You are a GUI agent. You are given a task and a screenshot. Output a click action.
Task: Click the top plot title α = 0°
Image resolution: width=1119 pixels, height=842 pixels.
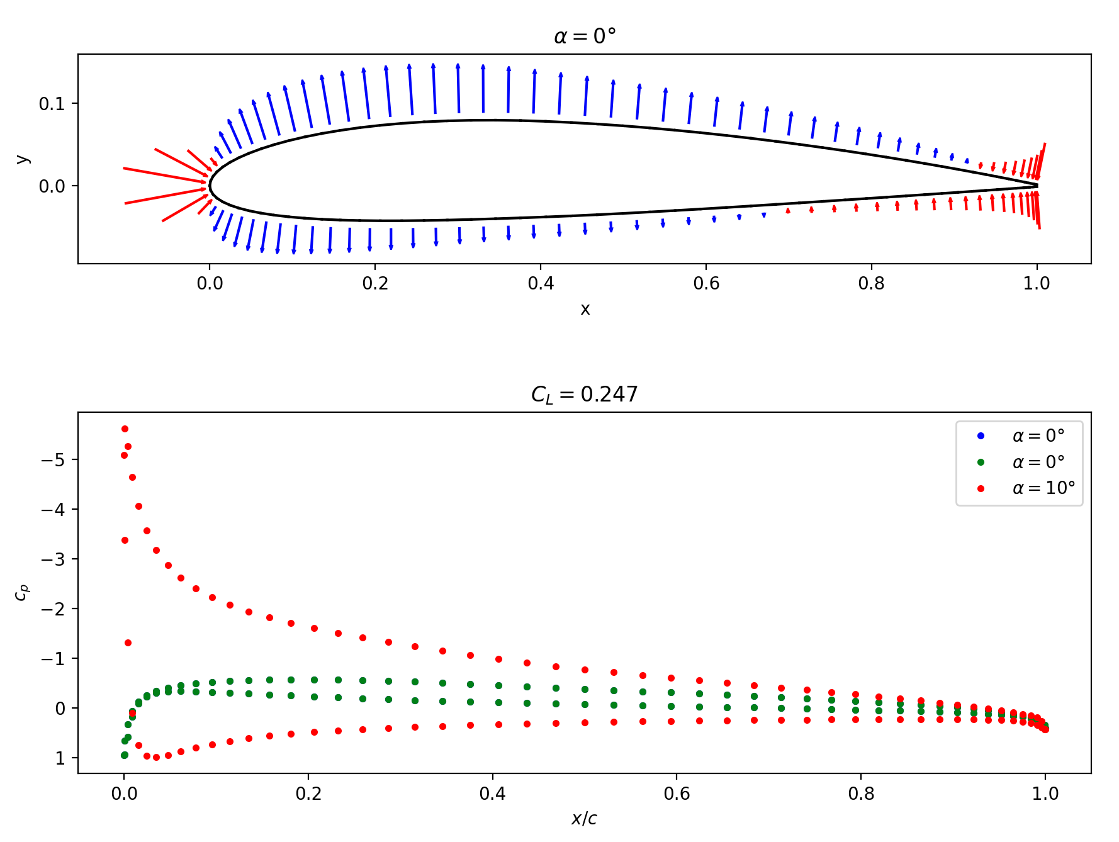click(584, 36)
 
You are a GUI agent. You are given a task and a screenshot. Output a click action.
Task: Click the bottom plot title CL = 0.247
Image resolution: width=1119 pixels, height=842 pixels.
click(584, 395)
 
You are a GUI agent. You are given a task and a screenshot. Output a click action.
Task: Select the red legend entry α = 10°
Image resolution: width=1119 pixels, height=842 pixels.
click(1043, 488)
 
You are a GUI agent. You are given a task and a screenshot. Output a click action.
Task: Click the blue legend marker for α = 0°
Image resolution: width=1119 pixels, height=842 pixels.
click(981, 436)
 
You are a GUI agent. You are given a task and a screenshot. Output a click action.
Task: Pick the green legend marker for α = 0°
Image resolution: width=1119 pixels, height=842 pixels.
click(981, 463)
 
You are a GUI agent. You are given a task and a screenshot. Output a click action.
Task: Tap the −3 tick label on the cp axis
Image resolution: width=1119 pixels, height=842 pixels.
click(53, 559)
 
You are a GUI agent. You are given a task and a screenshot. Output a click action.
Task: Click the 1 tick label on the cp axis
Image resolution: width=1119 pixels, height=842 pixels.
click(60, 758)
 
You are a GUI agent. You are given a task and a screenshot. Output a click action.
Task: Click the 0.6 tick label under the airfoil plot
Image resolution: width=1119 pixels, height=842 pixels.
click(706, 284)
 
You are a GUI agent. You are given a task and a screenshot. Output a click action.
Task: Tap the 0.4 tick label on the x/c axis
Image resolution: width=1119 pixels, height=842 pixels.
click(492, 794)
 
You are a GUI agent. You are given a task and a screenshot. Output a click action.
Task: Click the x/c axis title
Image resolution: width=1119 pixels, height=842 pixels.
click(584, 819)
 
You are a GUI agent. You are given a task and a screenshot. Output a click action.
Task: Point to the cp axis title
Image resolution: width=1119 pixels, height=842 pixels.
click(22, 592)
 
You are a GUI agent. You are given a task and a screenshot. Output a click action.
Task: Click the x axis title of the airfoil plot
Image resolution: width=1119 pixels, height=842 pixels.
click(585, 309)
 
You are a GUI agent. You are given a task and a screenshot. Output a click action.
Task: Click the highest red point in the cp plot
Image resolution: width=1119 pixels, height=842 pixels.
click(125, 429)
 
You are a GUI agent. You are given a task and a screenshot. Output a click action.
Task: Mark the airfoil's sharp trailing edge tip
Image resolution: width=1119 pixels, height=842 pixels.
click(1037, 186)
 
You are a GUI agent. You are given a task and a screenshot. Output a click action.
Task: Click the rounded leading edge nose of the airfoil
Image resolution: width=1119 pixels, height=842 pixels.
click(210, 186)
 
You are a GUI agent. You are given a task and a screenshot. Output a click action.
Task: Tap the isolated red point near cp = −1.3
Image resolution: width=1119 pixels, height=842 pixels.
click(128, 643)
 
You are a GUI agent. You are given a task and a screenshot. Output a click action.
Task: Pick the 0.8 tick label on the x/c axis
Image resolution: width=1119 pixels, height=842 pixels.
click(861, 794)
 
